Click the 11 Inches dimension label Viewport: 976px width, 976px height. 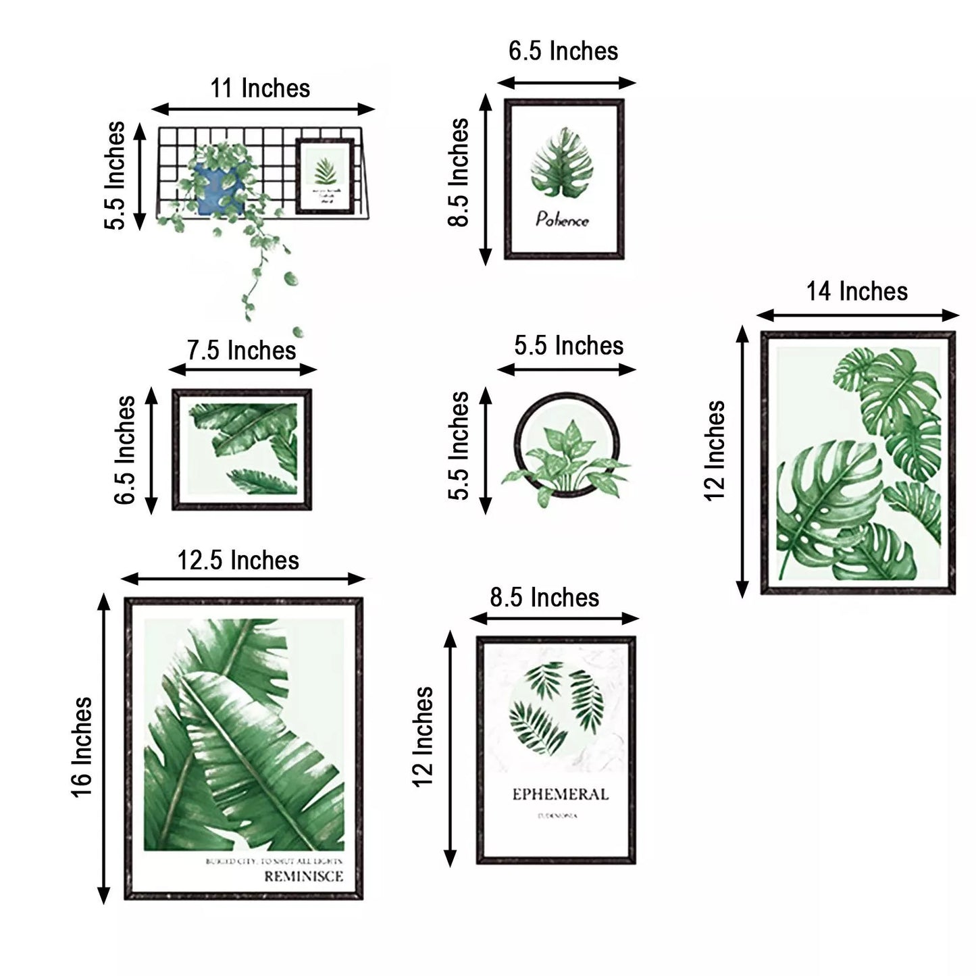pos(260,88)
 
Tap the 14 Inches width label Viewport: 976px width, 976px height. pos(856,292)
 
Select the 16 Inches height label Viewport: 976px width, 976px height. pos(82,747)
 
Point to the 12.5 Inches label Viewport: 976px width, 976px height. pos(238,561)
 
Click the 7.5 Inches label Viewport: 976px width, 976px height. pos(241,351)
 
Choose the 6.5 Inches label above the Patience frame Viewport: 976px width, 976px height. pos(563,51)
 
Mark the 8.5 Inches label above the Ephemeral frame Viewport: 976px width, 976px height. pos(544,598)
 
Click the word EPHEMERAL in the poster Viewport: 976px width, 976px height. pos(560,794)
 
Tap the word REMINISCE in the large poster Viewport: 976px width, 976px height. pos(303,877)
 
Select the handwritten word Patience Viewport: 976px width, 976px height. pos(562,220)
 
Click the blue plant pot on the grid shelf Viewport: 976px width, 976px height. pos(217,189)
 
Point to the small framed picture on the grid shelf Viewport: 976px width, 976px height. pos(326,175)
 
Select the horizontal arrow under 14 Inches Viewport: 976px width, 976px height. pos(857,315)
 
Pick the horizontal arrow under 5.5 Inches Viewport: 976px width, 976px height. pos(567,369)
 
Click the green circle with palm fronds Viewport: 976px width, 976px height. pos(555,708)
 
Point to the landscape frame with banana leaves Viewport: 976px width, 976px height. pos(242,449)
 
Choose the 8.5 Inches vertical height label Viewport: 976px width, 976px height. pos(459,173)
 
